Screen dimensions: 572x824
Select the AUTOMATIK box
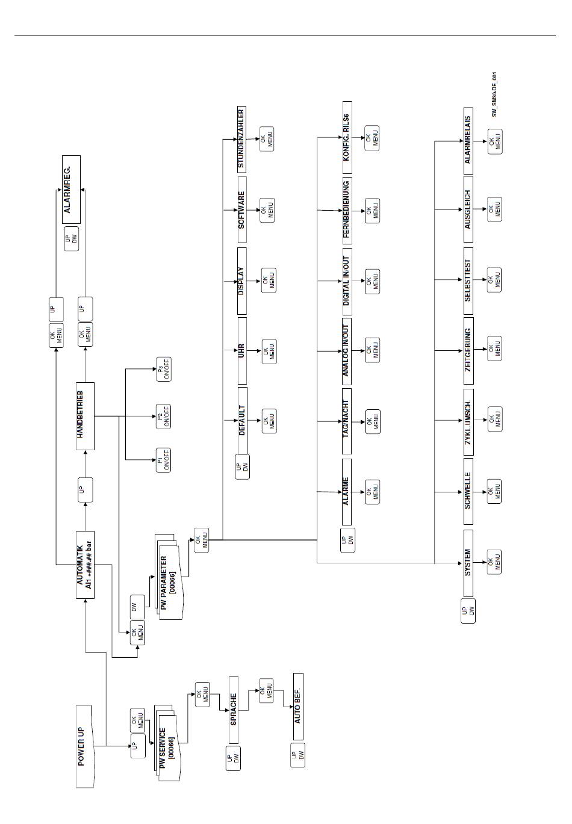(85, 565)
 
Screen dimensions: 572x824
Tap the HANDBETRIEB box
(85, 415)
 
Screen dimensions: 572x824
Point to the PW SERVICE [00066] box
(167, 747)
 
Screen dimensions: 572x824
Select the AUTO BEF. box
(297, 706)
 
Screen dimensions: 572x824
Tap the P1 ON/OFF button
(163, 460)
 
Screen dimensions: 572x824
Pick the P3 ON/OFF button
(163, 369)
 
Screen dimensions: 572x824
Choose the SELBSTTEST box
(468, 280)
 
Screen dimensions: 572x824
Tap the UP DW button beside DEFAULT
(242, 468)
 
